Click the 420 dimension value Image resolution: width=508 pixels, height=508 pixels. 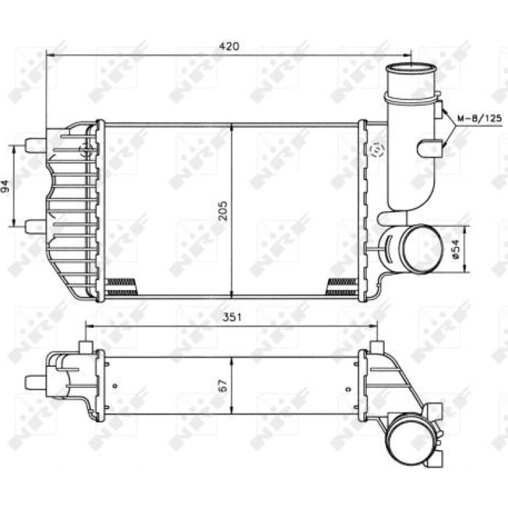(x=229, y=46)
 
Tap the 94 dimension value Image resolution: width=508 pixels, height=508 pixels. (x=6, y=186)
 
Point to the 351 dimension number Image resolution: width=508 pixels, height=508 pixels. (x=232, y=317)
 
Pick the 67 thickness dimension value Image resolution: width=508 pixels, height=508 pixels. (x=223, y=385)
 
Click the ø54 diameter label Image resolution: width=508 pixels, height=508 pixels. (x=455, y=249)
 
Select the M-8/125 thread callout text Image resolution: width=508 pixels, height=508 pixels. (x=480, y=118)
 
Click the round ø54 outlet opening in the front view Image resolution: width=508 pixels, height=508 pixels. (x=422, y=249)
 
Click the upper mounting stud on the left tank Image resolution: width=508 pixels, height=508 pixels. (x=36, y=145)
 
